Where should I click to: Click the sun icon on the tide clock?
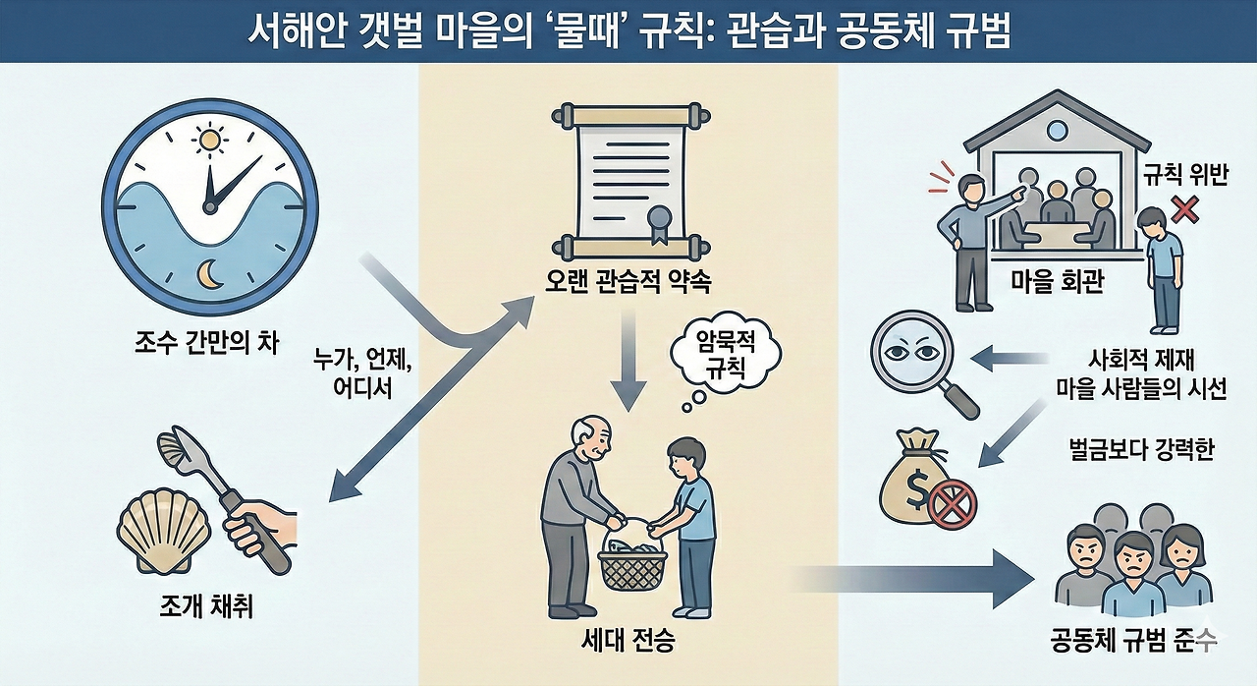pos(208,142)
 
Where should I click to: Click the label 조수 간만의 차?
pos(208,345)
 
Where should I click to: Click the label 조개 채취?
pos(208,607)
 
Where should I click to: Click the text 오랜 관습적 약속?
pos(628,284)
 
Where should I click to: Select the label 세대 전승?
pos(628,646)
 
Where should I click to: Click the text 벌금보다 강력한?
pos(1141,450)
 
